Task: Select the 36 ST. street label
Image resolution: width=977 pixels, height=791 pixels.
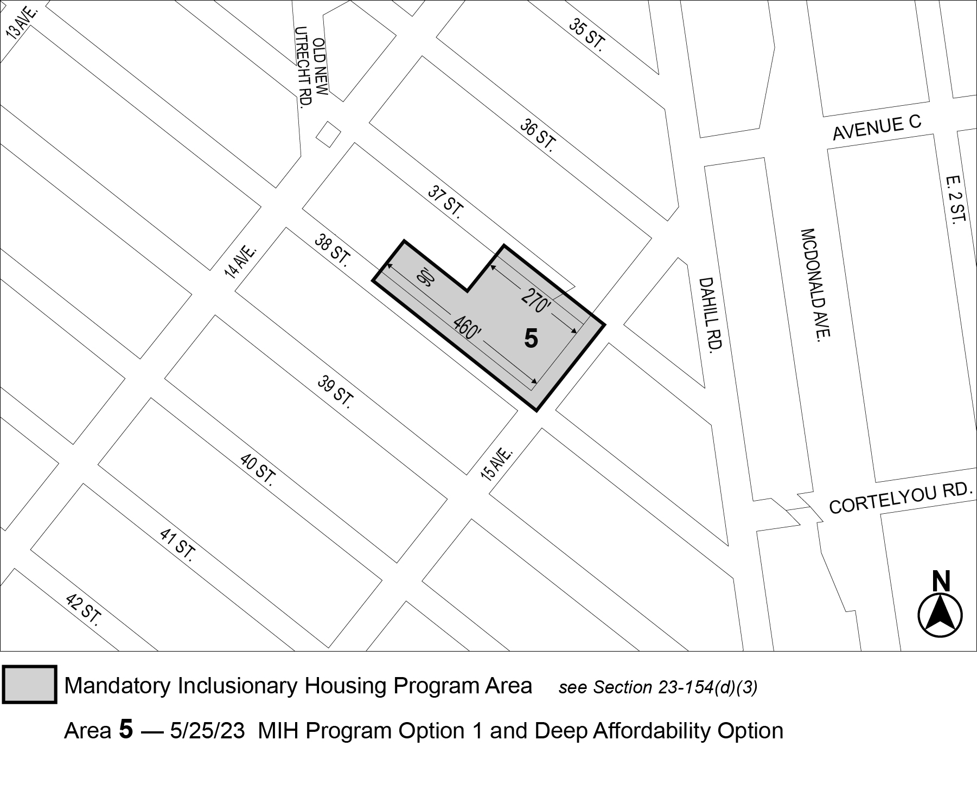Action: pyautogui.click(x=538, y=135)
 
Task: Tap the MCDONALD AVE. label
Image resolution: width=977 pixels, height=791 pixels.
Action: pyautogui.click(x=815, y=284)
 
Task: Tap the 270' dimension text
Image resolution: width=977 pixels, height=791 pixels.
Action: pyautogui.click(x=536, y=301)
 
